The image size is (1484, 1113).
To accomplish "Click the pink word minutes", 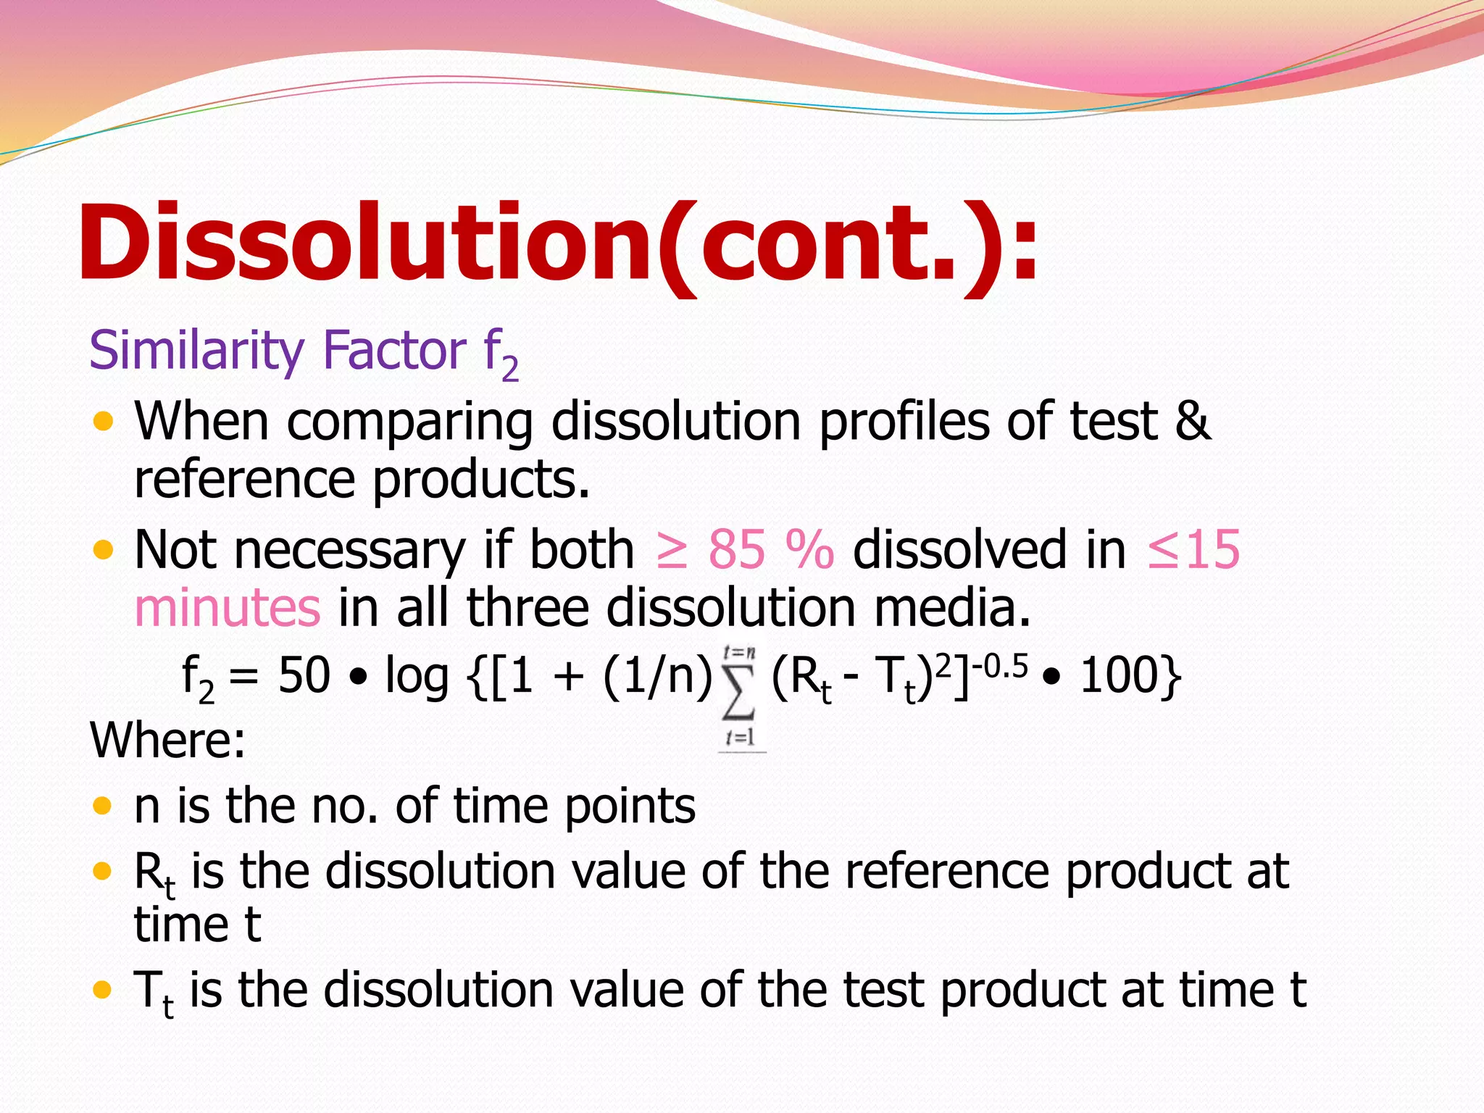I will pos(227,607).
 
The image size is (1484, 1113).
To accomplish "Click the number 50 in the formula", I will pos(304,676).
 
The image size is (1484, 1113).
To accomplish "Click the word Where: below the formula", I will pos(167,741).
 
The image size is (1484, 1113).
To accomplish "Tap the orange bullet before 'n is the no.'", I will pos(104,805).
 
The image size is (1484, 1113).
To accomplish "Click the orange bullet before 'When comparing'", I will pos(104,421).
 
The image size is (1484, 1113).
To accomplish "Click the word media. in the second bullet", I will pos(951,607).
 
